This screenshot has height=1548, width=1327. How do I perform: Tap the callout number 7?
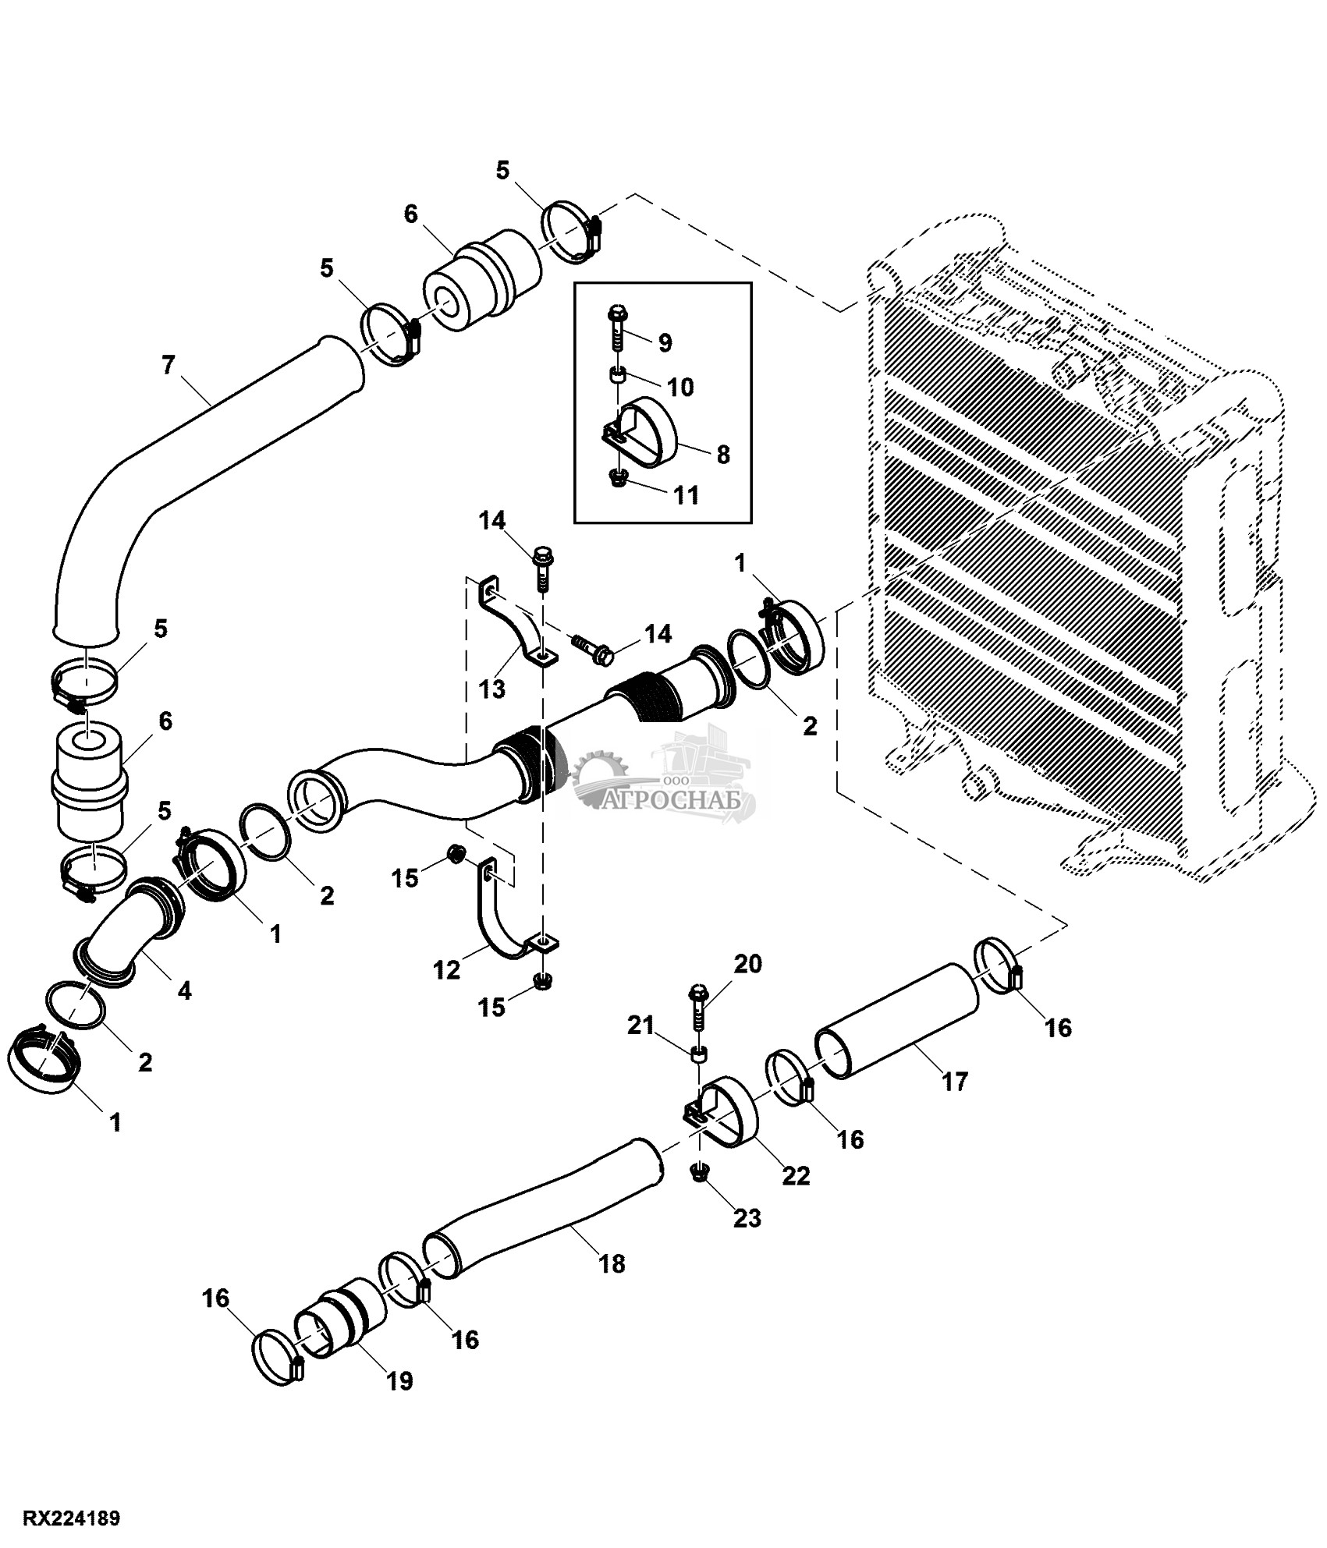pos(169,365)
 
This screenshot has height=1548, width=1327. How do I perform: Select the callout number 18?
pos(613,1263)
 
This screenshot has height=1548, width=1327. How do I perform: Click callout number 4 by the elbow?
pos(184,991)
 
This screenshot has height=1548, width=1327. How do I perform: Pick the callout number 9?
pos(664,342)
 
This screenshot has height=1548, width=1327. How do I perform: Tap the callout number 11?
pos(686,495)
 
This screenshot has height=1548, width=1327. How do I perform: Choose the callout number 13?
pos(493,689)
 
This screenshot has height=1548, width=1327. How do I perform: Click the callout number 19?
pos(399,1381)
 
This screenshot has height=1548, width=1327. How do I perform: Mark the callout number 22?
pos(796,1175)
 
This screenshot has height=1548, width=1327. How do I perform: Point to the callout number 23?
pos(747,1217)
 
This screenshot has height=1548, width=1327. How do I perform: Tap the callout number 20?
pos(747,965)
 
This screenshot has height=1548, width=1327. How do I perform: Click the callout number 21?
pos(640,1025)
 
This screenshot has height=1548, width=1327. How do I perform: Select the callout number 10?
pos(681,388)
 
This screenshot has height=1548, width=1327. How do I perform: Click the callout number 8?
pos(723,455)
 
